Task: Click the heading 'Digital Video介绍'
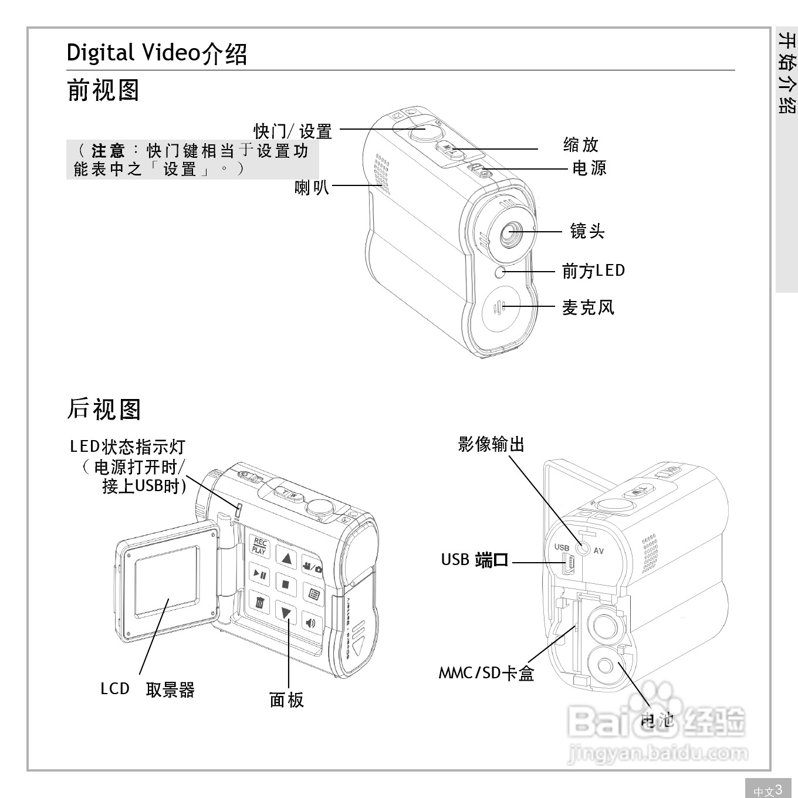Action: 157,53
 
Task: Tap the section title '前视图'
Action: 103,90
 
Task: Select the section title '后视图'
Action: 103,408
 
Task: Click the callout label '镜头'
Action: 587,231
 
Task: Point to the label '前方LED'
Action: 593,270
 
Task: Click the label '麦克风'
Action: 588,307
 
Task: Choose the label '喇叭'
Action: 312,187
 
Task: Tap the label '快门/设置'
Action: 293,131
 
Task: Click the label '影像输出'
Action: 491,444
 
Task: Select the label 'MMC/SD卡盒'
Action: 486,672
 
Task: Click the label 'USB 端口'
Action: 474,560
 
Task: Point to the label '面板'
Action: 286,699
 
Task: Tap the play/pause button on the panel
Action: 259,574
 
